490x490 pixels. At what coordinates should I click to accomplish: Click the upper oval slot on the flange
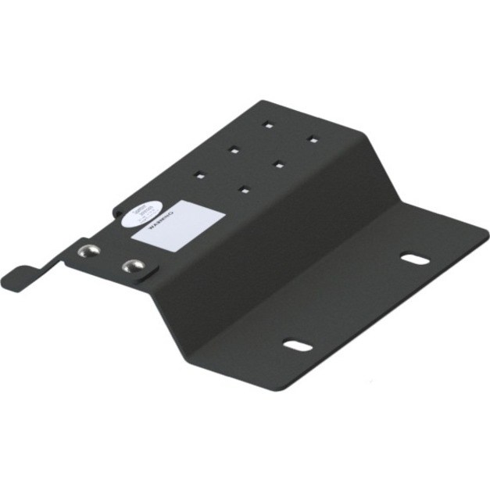415,259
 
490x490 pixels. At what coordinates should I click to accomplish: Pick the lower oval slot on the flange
298,345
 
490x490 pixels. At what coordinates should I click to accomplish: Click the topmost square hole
268,123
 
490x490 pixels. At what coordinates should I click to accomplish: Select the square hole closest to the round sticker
201,174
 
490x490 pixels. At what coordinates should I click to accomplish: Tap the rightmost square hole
313,140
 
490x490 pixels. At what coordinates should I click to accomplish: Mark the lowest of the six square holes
245,188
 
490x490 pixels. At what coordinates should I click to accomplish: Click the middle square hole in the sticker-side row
234,148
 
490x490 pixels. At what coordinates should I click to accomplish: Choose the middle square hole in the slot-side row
278,163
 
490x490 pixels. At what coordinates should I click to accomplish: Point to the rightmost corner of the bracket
486,229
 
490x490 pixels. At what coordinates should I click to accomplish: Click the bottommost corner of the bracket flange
273,388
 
